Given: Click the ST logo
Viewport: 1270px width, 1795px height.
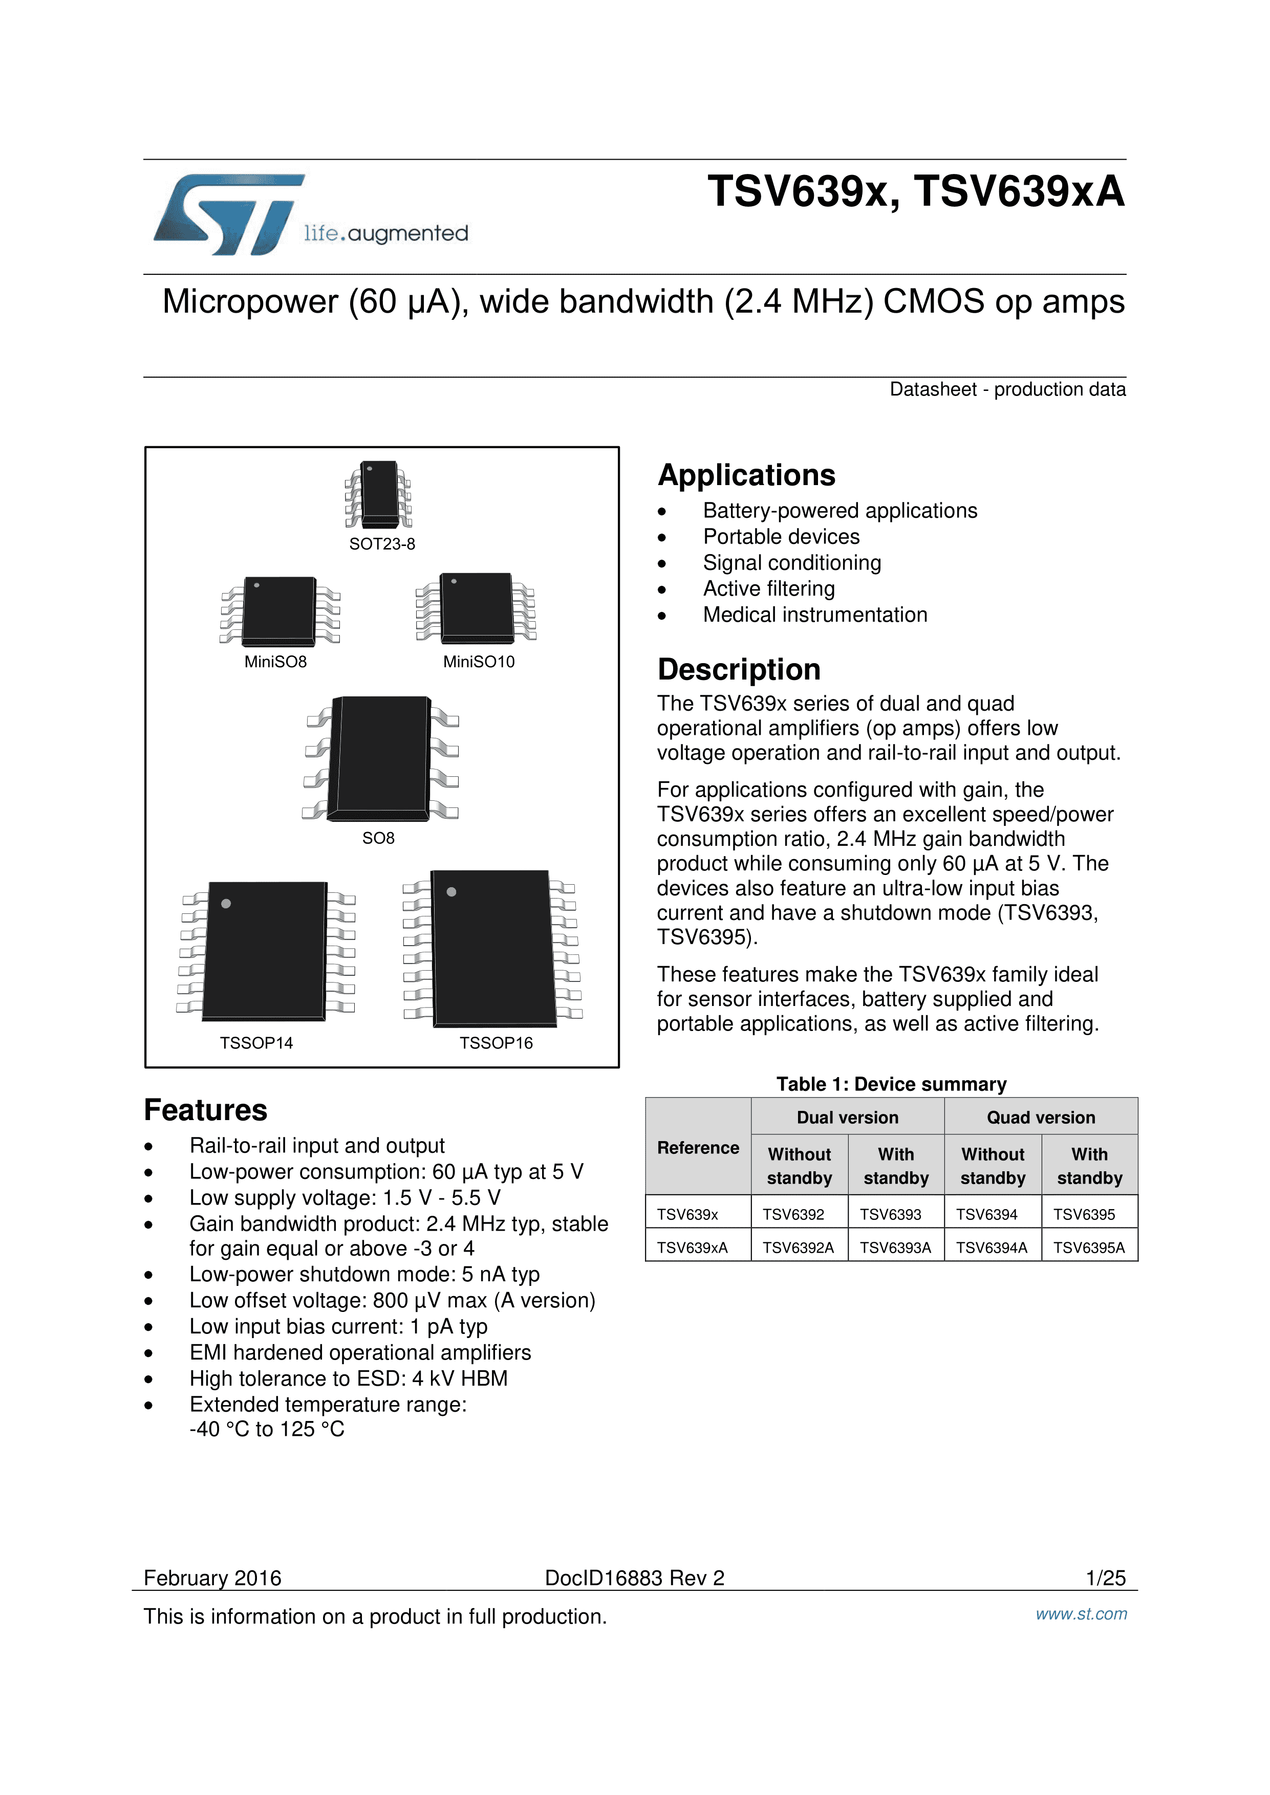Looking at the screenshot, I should click(x=227, y=214).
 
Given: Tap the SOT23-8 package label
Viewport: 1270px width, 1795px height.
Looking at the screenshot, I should click(x=382, y=544).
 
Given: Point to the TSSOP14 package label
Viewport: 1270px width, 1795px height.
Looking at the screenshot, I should click(x=256, y=1043).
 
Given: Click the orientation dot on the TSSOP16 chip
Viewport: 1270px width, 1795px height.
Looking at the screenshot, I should click(x=451, y=892).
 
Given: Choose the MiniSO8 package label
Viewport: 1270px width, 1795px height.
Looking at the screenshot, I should click(x=275, y=662).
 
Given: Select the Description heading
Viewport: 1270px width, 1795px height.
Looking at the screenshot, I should click(x=739, y=670).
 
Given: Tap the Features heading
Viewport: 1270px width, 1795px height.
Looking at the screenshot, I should click(x=206, y=1110).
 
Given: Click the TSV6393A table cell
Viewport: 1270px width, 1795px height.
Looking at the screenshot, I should click(x=895, y=1247).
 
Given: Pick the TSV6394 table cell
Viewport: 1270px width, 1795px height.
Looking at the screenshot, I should click(x=987, y=1214).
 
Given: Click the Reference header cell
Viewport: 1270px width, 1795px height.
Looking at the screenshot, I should click(x=698, y=1148).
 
